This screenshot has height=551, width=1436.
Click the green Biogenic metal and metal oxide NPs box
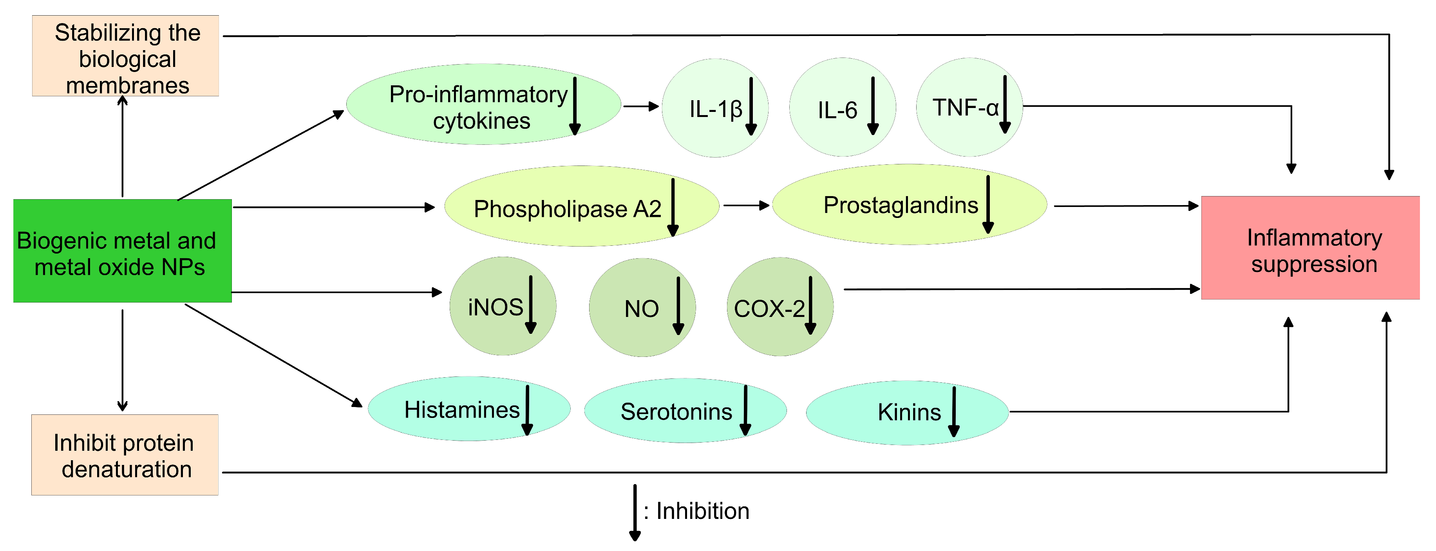coord(122,251)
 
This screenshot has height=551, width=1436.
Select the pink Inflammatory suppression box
coord(1309,248)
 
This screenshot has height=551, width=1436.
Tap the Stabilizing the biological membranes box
coord(125,56)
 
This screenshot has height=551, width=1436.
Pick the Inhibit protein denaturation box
coord(125,455)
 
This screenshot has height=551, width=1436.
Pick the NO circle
coord(642,308)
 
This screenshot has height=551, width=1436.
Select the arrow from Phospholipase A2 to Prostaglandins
coord(746,205)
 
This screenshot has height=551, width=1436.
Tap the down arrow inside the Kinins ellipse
coord(954,412)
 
